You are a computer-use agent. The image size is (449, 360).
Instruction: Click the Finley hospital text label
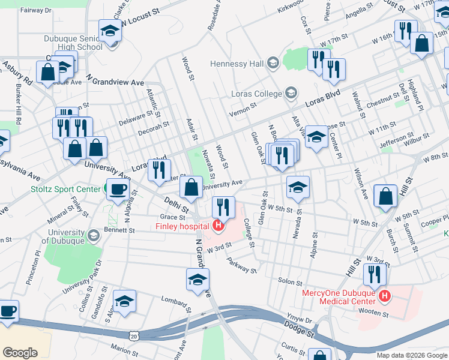[x=182, y=226]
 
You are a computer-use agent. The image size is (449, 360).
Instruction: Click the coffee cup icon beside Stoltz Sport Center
[x=117, y=188]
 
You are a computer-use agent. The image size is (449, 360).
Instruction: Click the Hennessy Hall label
[x=237, y=64]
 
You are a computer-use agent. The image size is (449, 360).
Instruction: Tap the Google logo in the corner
[x=20, y=352]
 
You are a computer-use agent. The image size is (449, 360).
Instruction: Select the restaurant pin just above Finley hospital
[x=223, y=207]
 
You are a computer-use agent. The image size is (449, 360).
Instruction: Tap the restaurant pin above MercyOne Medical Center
[x=375, y=274]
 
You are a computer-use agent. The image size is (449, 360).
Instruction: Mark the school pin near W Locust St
[x=110, y=30]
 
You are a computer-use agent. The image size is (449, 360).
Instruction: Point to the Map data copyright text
[x=411, y=355]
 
